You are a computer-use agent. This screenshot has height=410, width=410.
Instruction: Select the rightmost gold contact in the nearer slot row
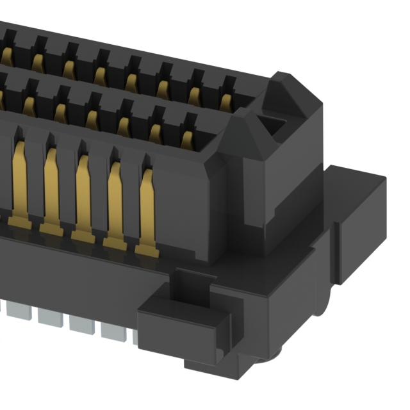187,139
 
